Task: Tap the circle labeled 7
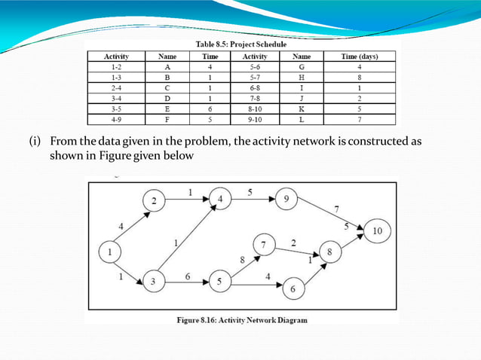(x=265, y=246)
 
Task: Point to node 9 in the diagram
(x=286, y=200)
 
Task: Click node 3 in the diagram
(x=154, y=282)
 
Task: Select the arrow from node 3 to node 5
(x=186, y=282)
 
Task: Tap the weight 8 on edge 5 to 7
(x=242, y=259)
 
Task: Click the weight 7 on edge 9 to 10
(x=336, y=207)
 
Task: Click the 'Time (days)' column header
(x=359, y=56)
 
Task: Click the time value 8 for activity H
(x=359, y=77)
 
